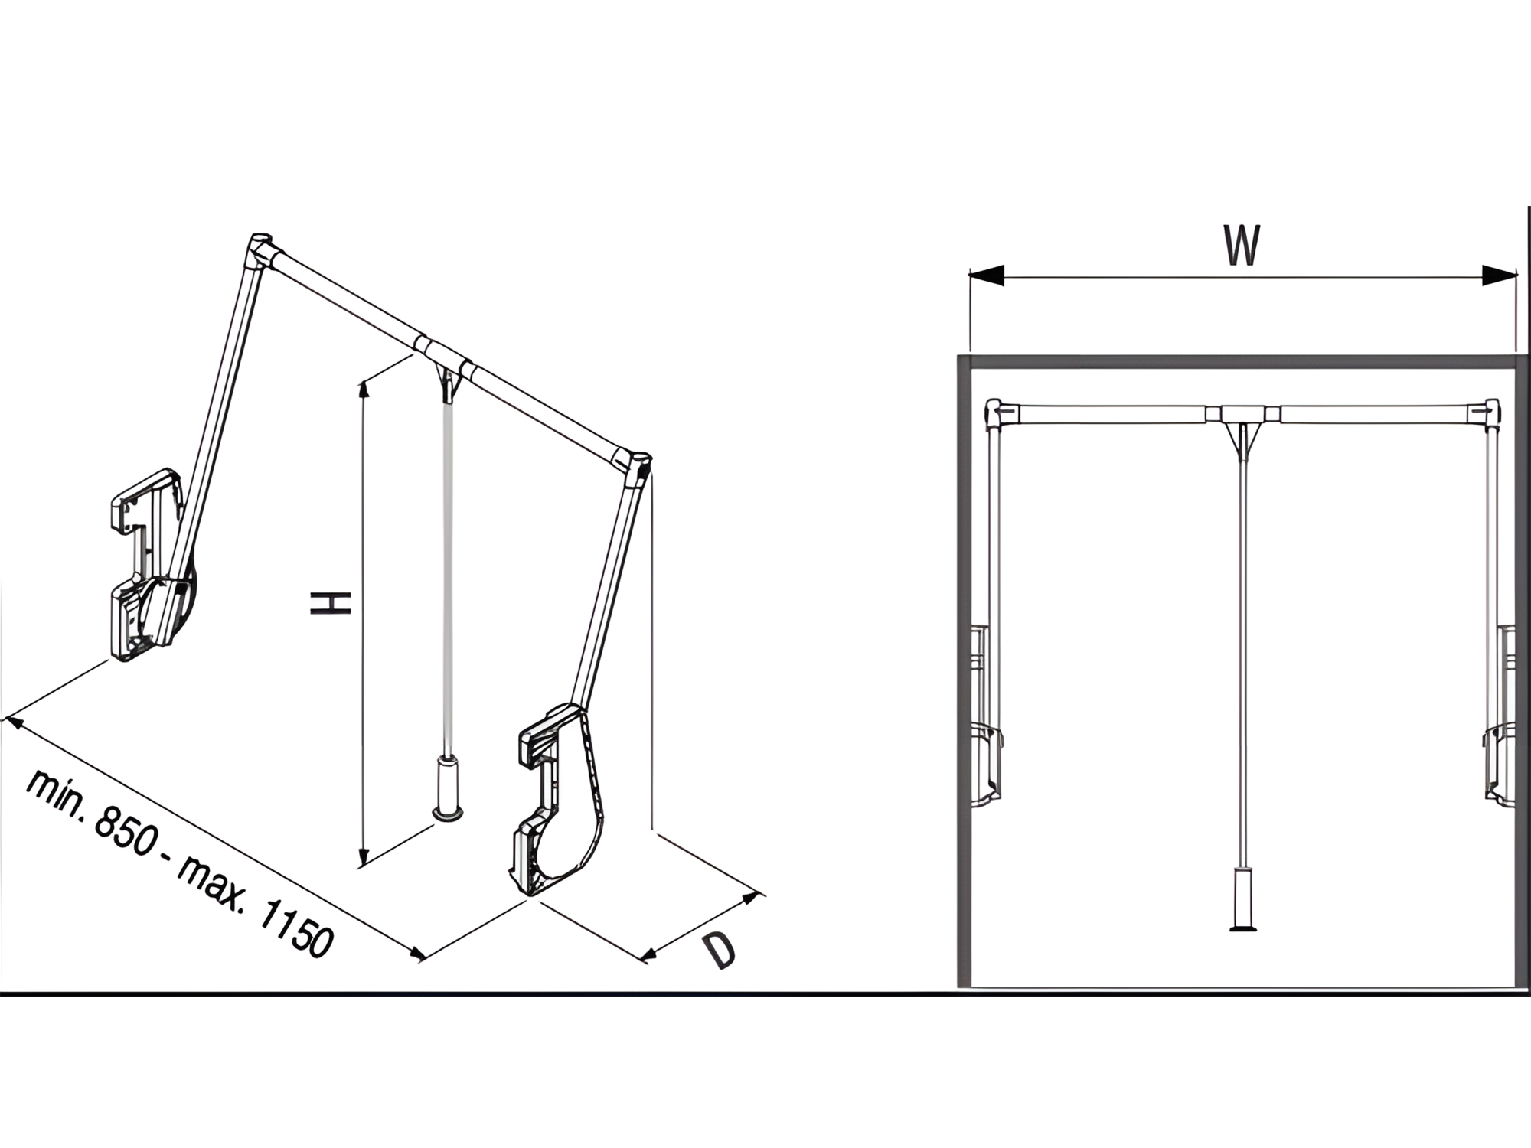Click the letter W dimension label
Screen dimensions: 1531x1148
point(1241,246)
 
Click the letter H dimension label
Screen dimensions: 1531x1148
point(330,602)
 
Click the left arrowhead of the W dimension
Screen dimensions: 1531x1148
point(987,275)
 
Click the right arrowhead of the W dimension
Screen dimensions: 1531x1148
point(1499,275)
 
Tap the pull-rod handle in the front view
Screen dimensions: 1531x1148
point(1242,900)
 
